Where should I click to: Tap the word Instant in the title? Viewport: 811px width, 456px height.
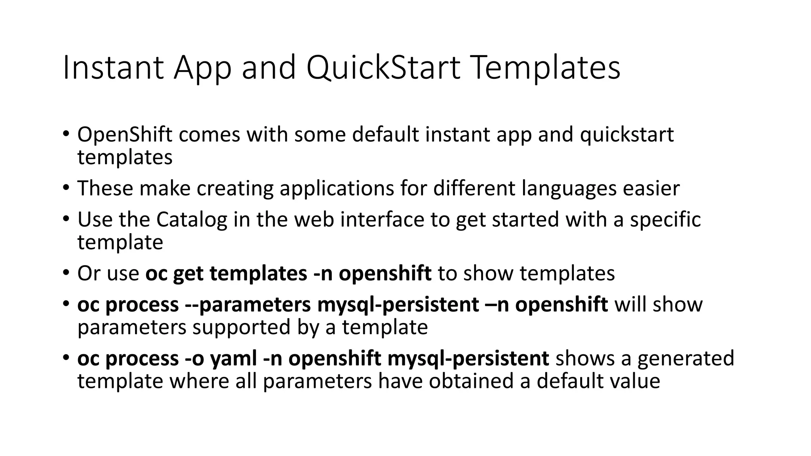point(113,68)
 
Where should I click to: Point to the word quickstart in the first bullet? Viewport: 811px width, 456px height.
point(626,135)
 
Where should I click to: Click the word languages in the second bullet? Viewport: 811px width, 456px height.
point(569,188)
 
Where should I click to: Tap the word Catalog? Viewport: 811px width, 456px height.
point(192,220)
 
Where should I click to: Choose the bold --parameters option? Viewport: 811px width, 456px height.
point(248,305)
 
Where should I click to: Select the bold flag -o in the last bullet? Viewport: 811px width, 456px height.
point(194,359)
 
